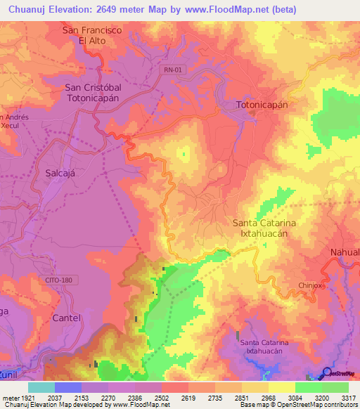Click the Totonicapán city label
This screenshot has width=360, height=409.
coord(262,103)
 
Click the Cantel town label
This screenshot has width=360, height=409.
coord(67,318)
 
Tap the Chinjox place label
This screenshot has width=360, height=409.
coord(309,285)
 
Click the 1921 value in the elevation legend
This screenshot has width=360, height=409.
coord(26,398)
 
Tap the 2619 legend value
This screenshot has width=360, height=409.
coord(186,398)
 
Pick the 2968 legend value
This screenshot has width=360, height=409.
coord(267,398)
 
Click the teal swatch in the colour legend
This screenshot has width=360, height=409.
coord(41,387)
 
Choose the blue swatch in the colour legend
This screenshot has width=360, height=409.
coord(67,387)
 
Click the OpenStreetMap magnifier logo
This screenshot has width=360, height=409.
coord(326,373)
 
